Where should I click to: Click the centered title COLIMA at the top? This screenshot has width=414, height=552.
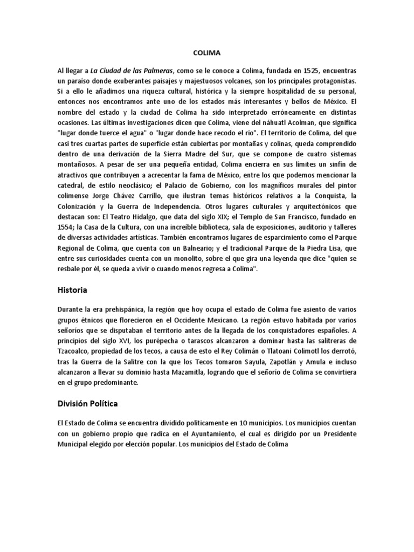[x=206, y=53]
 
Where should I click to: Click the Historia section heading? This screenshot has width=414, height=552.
[x=72, y=290]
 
